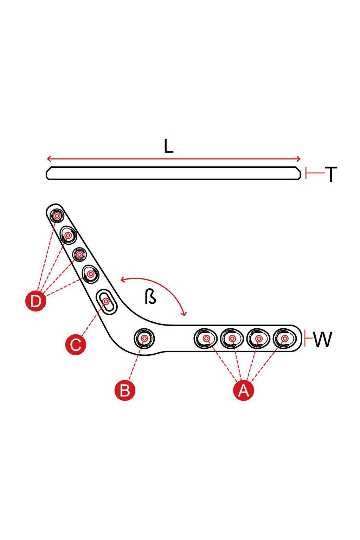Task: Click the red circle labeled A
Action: click(244, 390)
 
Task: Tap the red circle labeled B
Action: click(125, 390)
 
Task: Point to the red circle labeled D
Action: click(36, 301)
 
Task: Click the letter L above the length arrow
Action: click(168, 146)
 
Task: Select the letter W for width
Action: click(323, 339)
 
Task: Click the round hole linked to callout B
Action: click(144, 339)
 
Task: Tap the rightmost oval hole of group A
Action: click(284, 339)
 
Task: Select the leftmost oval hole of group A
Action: click(205, 339)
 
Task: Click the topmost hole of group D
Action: click(56, 216)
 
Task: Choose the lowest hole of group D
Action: click(91, 274)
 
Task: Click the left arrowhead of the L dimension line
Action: click(49, 159)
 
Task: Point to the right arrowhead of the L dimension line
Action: click(298, 159)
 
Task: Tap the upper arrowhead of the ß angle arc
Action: click(123, 279)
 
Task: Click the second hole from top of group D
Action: click(68, 235)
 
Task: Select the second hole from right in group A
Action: click(258, 339)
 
